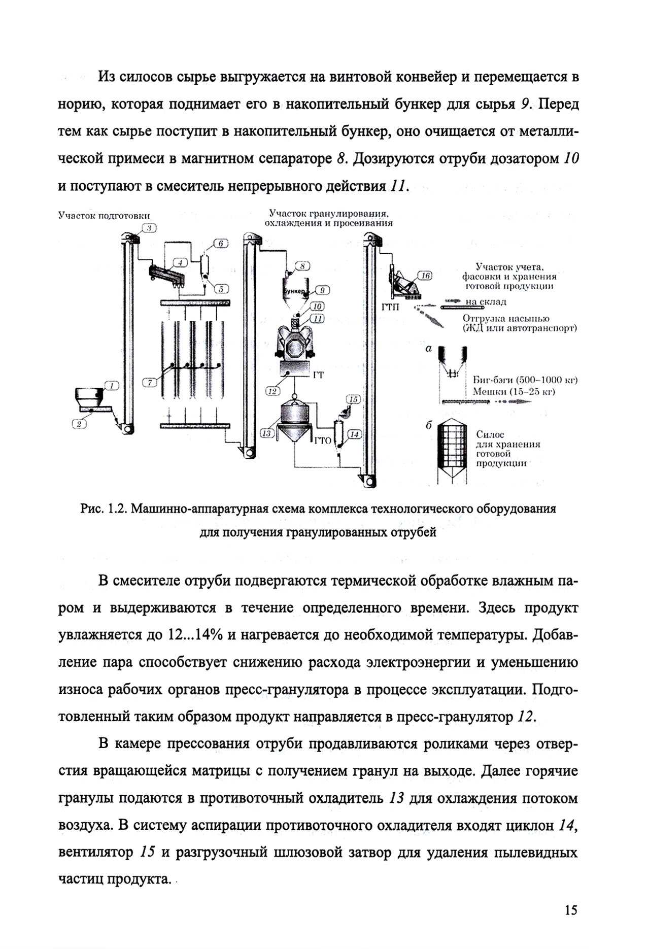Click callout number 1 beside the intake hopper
(x=111, y=385)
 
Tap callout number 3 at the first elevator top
(x=150, y=228)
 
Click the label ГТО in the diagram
(x=323, y=440)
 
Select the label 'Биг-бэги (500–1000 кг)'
(x=525, y=380)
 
